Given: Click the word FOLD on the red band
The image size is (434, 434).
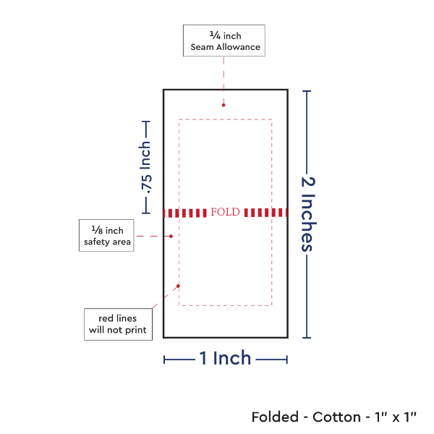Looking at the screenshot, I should tap(224, 213).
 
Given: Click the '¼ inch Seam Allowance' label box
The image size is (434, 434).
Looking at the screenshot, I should tap(224, 41).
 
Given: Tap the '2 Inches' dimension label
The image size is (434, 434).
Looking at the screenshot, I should tap(308, 213).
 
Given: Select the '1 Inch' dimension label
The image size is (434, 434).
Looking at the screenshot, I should tap(225, 357).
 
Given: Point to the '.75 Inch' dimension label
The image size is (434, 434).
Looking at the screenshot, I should tap(146, 168).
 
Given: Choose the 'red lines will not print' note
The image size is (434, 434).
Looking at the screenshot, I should tap(117, 324).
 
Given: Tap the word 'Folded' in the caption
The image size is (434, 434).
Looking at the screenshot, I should tap(275, 417).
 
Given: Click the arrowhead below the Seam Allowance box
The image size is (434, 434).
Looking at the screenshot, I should tap(224, 105).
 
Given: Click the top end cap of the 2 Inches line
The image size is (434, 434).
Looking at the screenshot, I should tap(308, 90).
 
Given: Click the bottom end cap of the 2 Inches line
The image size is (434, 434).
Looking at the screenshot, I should tap(308, 337).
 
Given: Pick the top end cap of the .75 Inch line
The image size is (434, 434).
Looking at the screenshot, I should tap(146, 122).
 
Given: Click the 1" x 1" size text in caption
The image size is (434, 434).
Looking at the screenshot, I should tap(395, 417).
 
